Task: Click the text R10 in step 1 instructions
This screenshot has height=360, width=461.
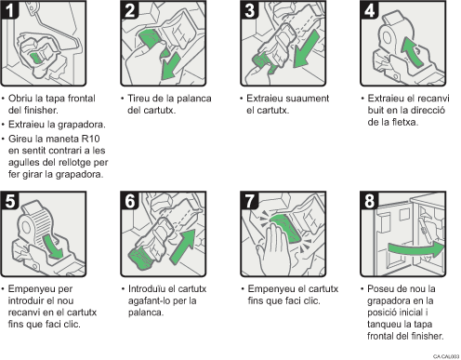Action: (85, 141)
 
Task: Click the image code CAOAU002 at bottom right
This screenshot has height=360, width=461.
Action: (445, 354)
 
